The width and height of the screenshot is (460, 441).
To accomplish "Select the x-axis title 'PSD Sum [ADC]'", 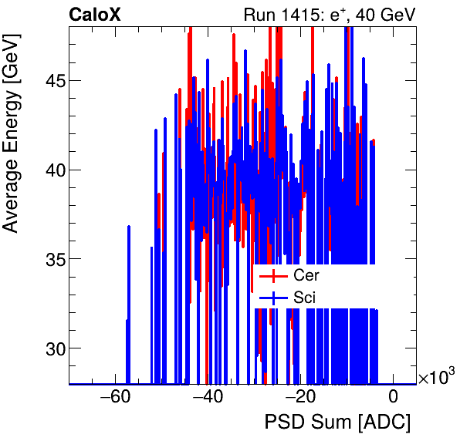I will click(337, 423).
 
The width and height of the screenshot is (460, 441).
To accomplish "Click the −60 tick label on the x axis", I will click(115, 398).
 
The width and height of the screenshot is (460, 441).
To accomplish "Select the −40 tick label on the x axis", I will click(208, 398).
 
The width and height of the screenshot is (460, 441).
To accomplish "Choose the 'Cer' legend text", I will click(306, 275).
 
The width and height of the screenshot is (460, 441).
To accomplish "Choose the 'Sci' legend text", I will click(304, 297).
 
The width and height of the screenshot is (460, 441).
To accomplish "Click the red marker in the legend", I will click(273, 275).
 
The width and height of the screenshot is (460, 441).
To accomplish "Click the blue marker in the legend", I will click(273, 297).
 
